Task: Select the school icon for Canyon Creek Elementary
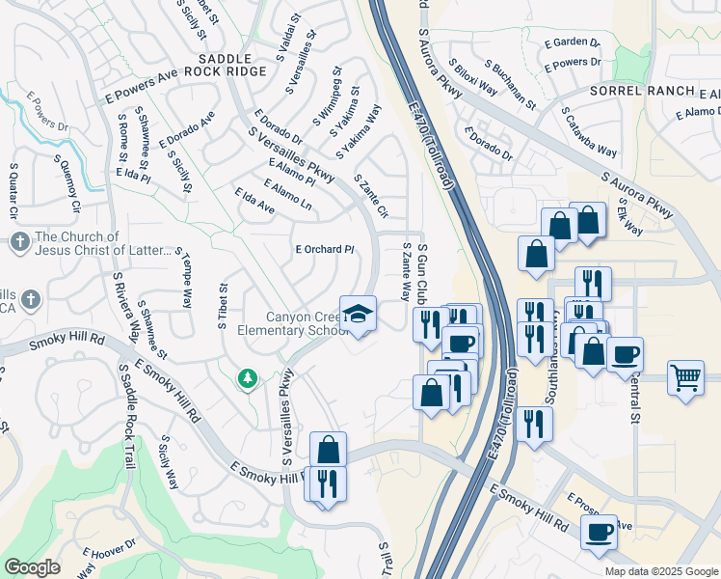[359, 315]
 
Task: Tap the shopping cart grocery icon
[684, 376]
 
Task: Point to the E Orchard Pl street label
[325, 249]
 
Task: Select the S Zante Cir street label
[371, 197]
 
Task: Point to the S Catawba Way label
[591, 134]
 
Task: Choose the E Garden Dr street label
[572, 42]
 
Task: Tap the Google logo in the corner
[32, 567]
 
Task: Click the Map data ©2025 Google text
[661, 571]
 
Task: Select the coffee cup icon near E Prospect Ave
[599, 531]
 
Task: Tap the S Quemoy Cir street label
[67, 183]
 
